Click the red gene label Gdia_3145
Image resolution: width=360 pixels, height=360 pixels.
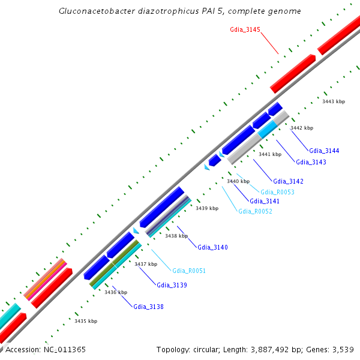coord(245,29)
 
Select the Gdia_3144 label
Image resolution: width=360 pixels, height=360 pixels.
coord(325,151)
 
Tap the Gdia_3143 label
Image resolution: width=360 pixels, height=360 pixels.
coord(311,162)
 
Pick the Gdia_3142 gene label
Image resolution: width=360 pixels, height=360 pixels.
coord(288,181)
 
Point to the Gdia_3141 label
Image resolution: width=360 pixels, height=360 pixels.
coord(265,201)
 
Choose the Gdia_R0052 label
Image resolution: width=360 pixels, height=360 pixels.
coord(255,211)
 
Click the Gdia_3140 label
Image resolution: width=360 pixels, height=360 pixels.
coord(212,247)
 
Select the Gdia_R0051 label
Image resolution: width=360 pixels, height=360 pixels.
coord(189,271)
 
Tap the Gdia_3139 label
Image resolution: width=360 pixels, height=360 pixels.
coord(172,285)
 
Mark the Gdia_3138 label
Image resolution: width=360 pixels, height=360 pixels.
coord(148,307)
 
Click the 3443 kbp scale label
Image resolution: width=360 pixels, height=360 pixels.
coord(334,102)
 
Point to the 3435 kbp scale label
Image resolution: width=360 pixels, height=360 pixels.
coord(86,321)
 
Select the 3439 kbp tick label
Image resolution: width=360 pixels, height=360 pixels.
coord(207,208)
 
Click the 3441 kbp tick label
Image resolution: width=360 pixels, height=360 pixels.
coord(269,154)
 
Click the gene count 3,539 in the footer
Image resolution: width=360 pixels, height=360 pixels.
coord(343,349)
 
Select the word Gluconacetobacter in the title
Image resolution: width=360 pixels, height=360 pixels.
coord(95,11)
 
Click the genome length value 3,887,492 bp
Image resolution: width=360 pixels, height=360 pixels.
coord(268,349)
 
